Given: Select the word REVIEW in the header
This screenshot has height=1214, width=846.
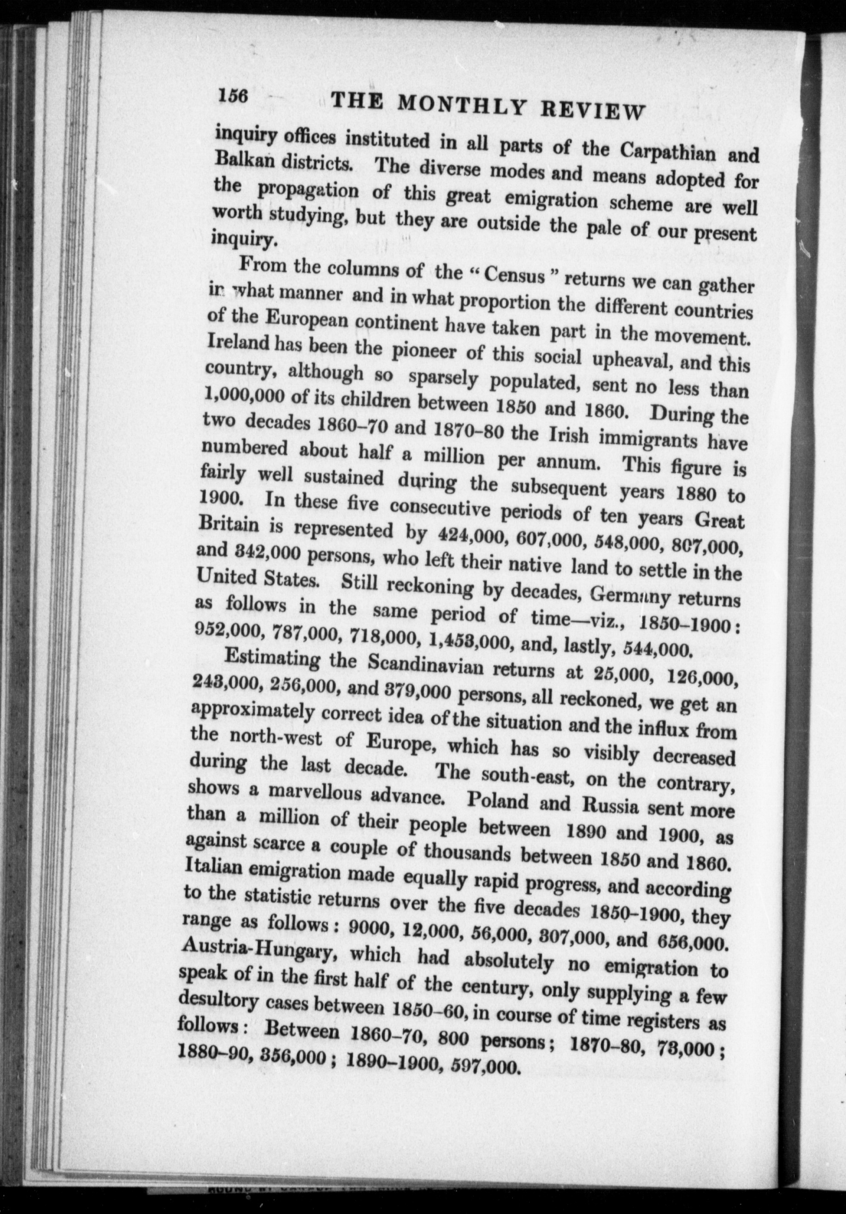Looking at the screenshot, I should [592, 109].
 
